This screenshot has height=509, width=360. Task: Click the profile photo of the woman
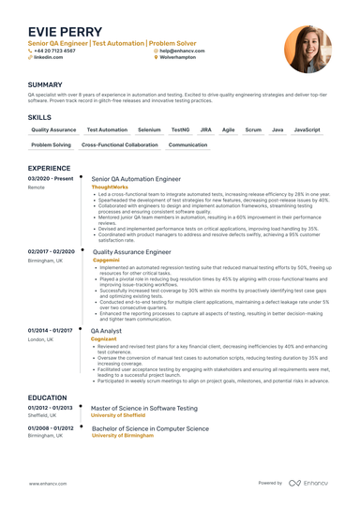(x=307, y=49)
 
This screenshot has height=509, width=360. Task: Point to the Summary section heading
(x=45, y=84)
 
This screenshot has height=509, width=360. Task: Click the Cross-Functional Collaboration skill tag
(x=119, y=145)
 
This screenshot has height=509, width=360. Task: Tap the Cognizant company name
(x=105, y=312)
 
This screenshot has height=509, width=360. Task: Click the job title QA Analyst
(x=106, y=305)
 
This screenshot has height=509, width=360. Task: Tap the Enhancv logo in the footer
(x=310, y=483)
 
